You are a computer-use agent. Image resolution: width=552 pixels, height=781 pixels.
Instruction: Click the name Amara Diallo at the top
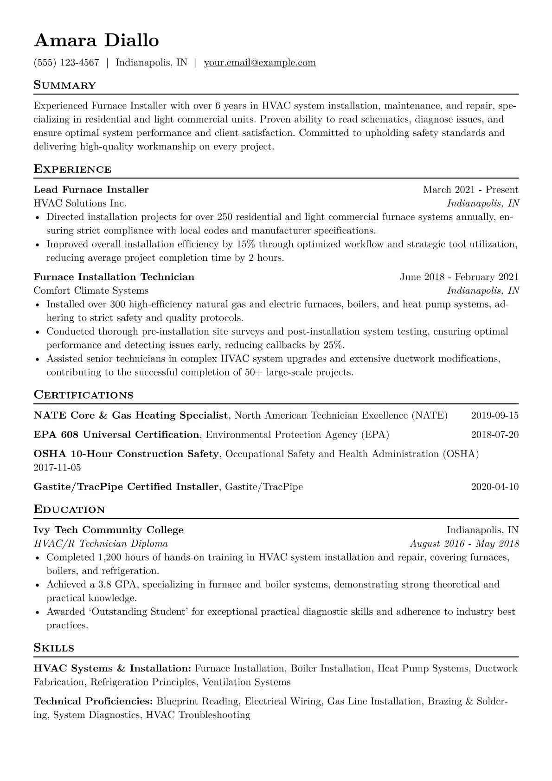pos(96,41)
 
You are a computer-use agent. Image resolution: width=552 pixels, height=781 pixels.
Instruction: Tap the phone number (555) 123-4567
pos(66,63)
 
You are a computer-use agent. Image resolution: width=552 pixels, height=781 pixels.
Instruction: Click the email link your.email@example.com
pos(260,63)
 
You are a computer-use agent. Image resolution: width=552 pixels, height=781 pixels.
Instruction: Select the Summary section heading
pos(64,85)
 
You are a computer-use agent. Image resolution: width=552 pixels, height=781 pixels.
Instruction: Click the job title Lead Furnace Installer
pos(91,189)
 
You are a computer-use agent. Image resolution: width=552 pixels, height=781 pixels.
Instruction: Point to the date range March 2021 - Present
pos(470,189)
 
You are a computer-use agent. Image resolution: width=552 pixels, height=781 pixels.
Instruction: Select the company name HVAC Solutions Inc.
pos(80,203)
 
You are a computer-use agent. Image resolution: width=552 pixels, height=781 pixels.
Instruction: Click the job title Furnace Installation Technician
pos(114,277)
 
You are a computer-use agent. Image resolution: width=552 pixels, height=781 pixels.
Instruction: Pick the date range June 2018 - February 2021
pos(459,277)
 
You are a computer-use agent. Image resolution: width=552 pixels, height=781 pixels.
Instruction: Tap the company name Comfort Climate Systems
pos(91,290)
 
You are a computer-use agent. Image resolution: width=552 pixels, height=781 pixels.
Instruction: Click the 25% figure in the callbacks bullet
pos(334,345)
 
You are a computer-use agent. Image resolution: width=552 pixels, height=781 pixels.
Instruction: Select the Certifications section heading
pos(83,395)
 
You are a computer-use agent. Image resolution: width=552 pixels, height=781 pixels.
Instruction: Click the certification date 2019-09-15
pos(494,415)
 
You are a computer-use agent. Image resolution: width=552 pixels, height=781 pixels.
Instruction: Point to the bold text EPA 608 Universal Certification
pos(116,435)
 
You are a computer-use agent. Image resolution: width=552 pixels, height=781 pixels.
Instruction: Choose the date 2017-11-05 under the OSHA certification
pos(57,467)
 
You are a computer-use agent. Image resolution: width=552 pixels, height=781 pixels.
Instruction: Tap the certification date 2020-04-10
pos(494,487)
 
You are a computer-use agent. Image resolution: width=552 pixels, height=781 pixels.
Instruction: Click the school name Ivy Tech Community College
pos(109,530)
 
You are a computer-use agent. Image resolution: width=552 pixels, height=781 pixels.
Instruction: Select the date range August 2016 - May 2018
pos(464,544)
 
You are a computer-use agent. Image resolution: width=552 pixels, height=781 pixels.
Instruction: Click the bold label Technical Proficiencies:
pos(93,701)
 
